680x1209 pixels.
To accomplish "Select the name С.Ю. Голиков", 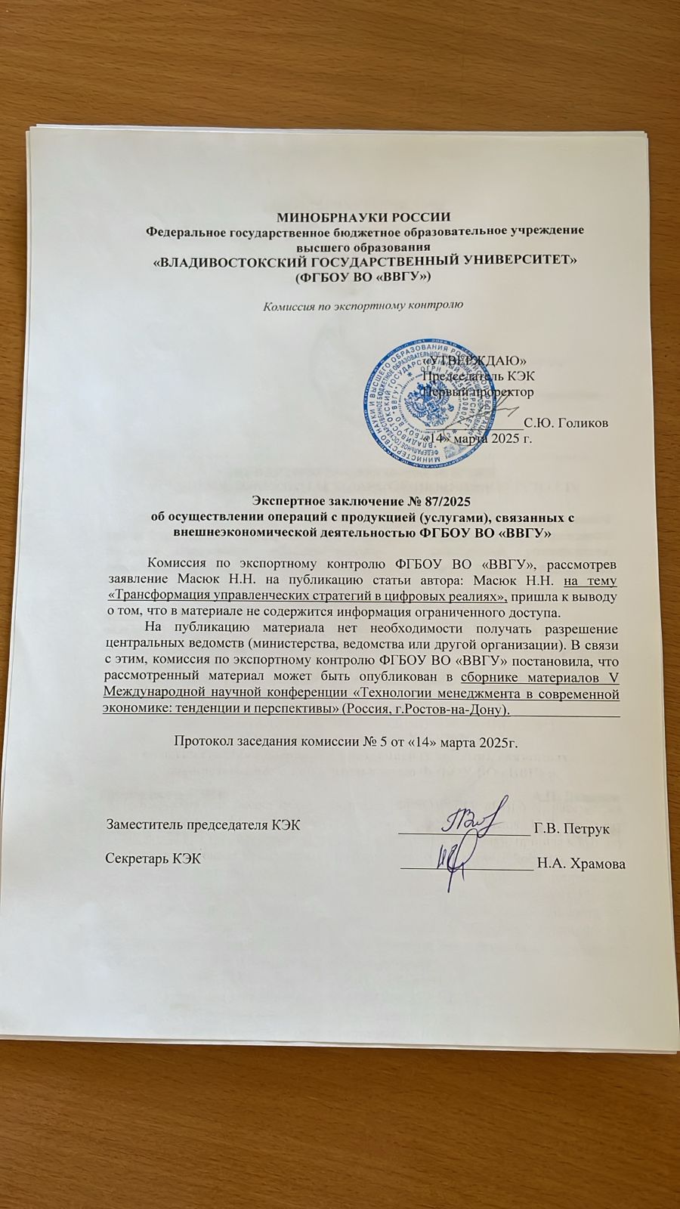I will click(566, 422).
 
